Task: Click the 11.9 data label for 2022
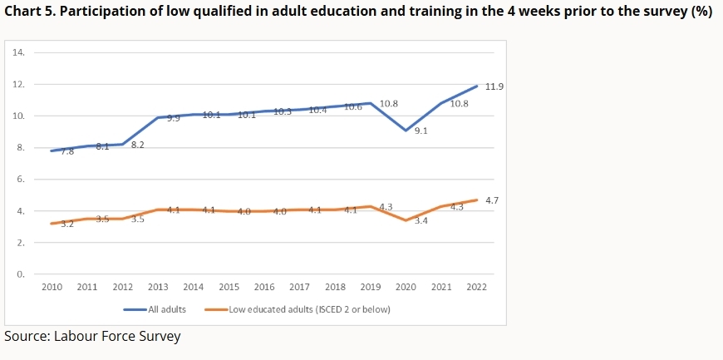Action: point(495,86)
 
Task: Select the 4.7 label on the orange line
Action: point(491,201)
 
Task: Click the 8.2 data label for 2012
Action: point(138,145)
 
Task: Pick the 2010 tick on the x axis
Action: point(52,287)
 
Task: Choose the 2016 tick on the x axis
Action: point(264,287)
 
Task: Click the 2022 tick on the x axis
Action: point(477,287)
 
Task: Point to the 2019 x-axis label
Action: point(371,287)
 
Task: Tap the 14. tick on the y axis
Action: point(19,52)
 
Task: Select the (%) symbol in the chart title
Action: point(701,15)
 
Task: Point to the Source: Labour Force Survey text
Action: point(92,336)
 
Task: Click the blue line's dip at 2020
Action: point(406,131)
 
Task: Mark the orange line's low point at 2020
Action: point(406,220)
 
